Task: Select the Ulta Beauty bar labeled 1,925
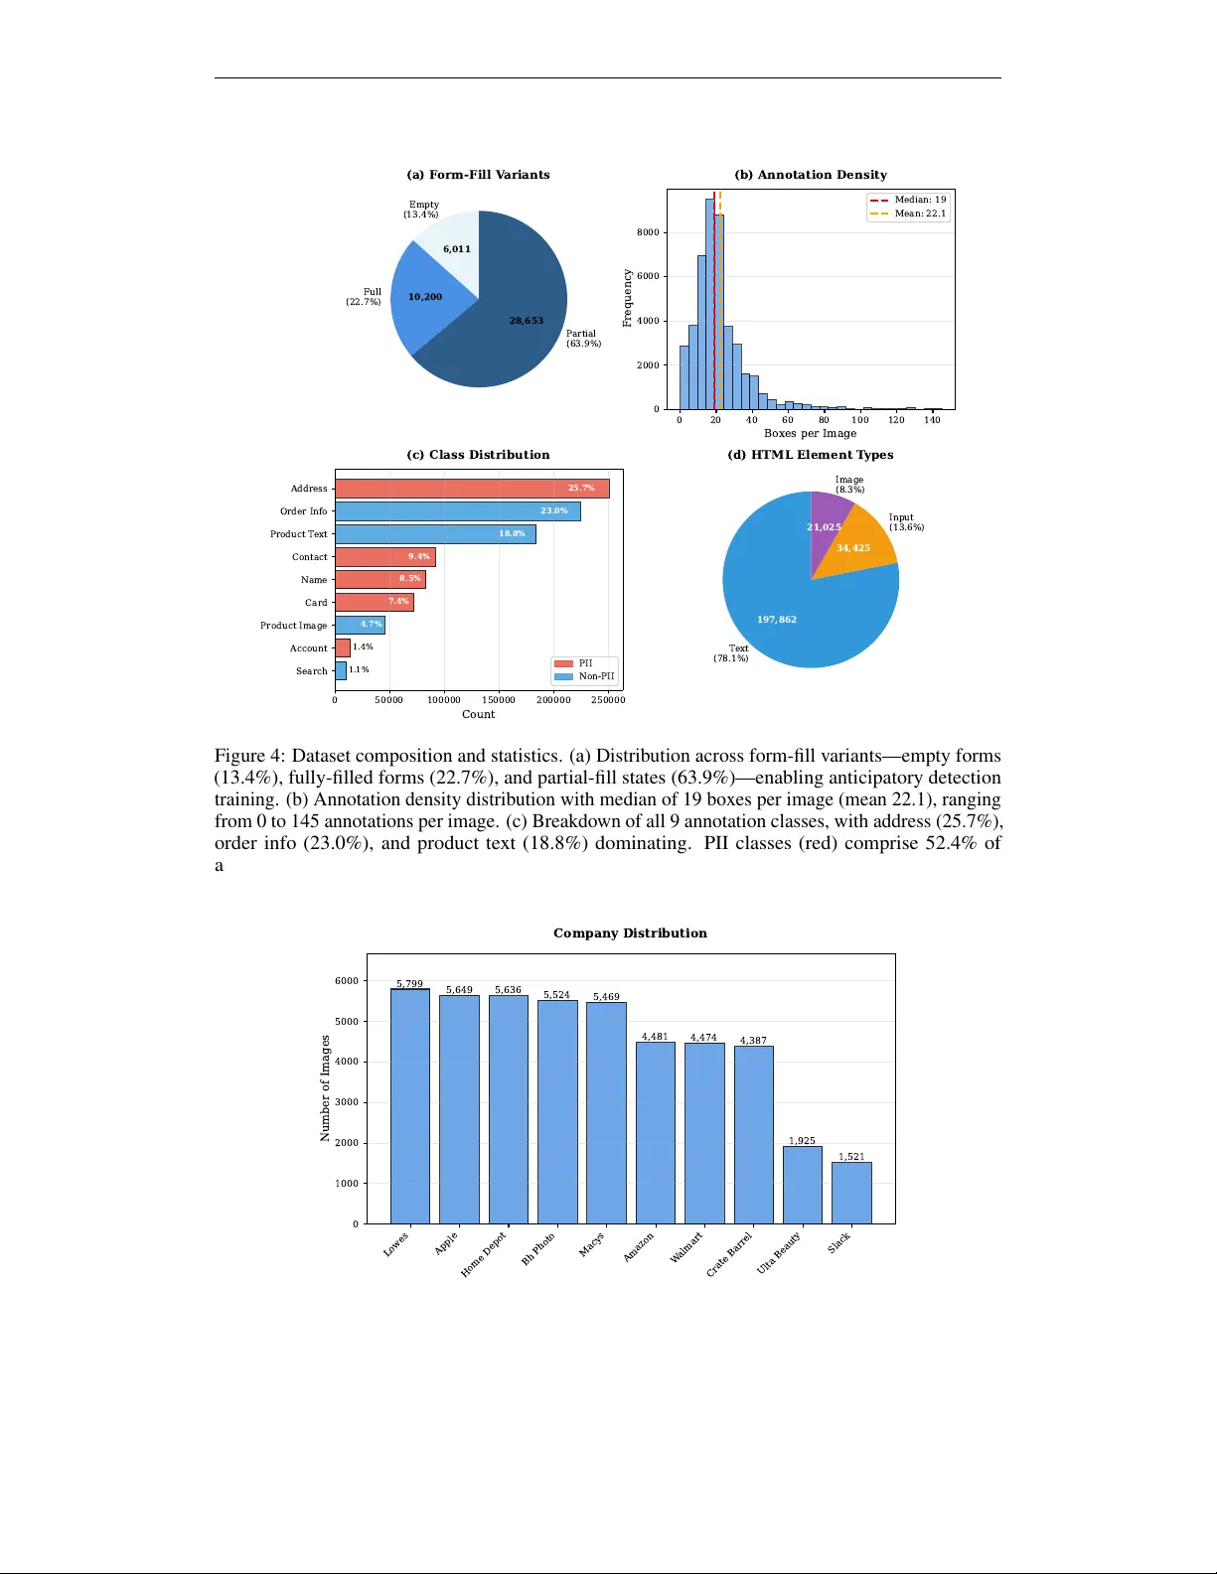click(802, 1185)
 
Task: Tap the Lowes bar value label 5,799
click(409, 984)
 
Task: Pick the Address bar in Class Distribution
click(472, 489)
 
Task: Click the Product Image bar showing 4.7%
click(360, 625)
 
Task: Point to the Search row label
click(311, 671)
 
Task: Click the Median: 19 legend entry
click(908, 200)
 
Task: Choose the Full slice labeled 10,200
click(425, 297)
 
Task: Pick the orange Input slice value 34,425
click(853, 548)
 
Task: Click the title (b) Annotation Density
click(811, 175)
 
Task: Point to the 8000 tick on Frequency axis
click(648, 232)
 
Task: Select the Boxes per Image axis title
click(810, 433)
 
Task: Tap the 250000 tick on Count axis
click(608, 700)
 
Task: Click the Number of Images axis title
click(325, 1088)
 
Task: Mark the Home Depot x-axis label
click(484, 1254)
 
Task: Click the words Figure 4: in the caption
click(249, 756)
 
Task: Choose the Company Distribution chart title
click(630, 933)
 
